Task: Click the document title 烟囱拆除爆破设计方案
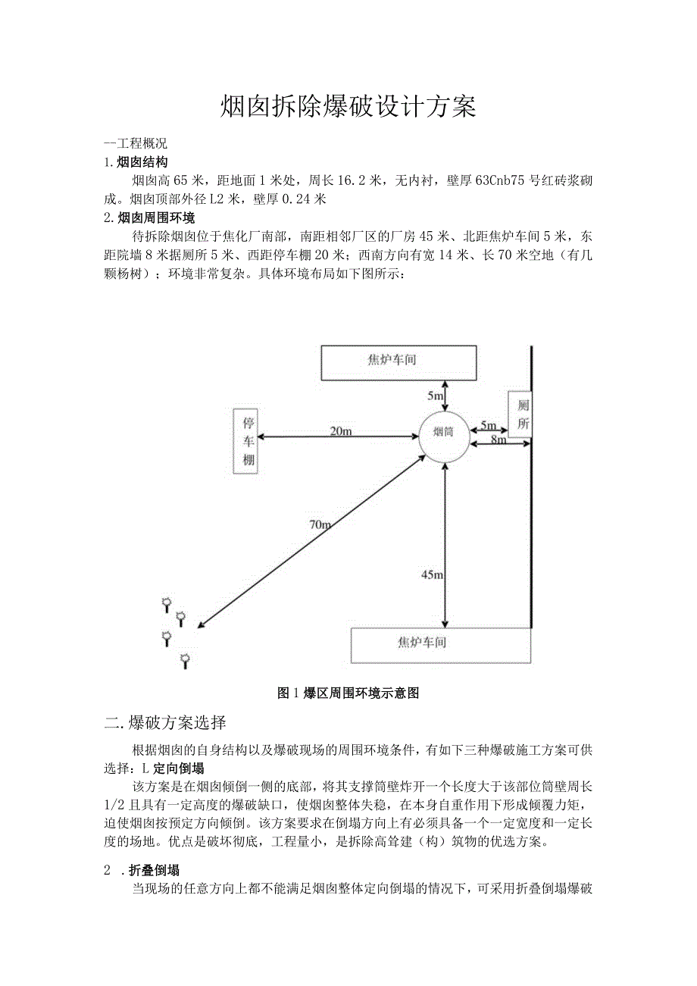[x=348, y=106]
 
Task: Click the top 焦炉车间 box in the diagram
[x=399, y=362]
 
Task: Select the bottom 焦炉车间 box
[x=440, y=645]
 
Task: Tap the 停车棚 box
[x=248, y=442]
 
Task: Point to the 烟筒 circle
[x=444, y=436]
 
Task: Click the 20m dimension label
[x=340, y=430]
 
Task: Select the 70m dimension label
[x=319, y=524]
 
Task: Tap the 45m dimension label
[x=432, y=575]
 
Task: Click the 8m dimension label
[x=498, y=440]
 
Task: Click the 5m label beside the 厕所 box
[x=488, y=426]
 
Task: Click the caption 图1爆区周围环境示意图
[x=348, y=692]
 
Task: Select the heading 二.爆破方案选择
[x=164, y=721]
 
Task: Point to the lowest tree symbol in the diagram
[x=185, y=661]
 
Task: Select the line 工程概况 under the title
[x=136, y=143]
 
